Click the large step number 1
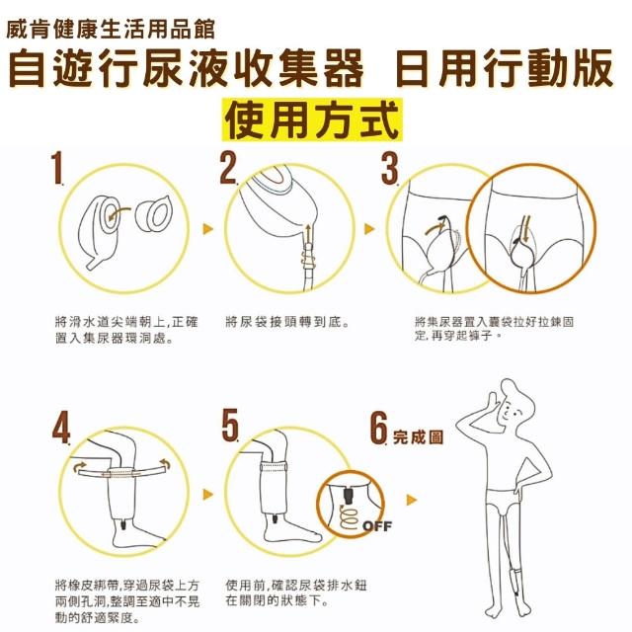tap(57, 168)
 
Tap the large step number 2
tap(228, 168)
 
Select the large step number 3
tap(390, 168)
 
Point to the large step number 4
tap(61, 428)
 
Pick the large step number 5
tap(230, 425)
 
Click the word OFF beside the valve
tap(377, 526)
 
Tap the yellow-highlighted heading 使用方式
tap(312, 120)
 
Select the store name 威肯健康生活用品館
tap(111, 29)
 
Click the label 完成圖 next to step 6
tap(418, 436)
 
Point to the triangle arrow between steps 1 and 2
tap(207, 229)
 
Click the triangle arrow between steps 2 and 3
tap(369, 229)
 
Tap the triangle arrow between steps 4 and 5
tap(207, 494)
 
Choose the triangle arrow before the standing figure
tap(411, 500)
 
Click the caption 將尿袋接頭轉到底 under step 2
tap(287, 322)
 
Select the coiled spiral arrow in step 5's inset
tap(349, 517)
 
